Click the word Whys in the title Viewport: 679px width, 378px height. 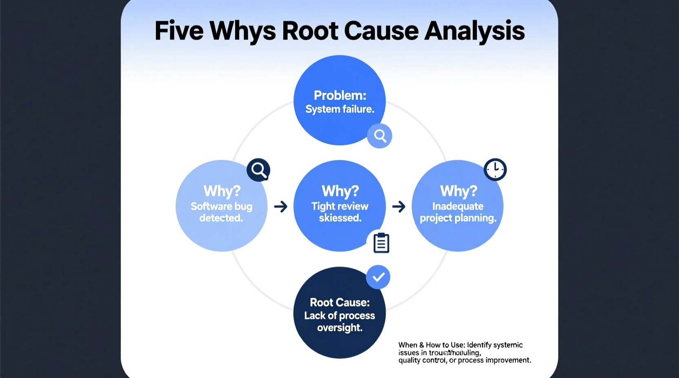(x=242, y=31)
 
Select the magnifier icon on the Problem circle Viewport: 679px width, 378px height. (x=379, y=136)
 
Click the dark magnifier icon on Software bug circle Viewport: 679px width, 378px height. (x=258, y=169)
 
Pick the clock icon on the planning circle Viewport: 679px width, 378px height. (x=495, y=169)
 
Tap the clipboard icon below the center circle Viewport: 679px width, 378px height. (x=381, y=243)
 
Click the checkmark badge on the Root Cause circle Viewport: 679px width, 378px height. (x=378, y=277)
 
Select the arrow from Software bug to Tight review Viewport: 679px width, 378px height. (x=281, y=207)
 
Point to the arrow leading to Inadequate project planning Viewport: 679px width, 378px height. (x=399, y=207)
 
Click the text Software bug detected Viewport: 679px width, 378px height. (x=221, y=212)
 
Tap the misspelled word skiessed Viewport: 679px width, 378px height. (x=340, y=218)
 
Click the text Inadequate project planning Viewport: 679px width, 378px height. (x=458, y=212)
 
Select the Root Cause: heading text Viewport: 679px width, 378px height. (x=339, y=302)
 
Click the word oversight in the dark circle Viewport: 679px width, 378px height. (x=339, y=328)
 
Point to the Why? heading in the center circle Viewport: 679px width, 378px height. (x=340, y=191)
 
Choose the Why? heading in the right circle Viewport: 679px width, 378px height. (x=458, y=191)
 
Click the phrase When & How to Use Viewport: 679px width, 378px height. (x=431, y=345)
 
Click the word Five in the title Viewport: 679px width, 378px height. (x=179, y=31)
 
